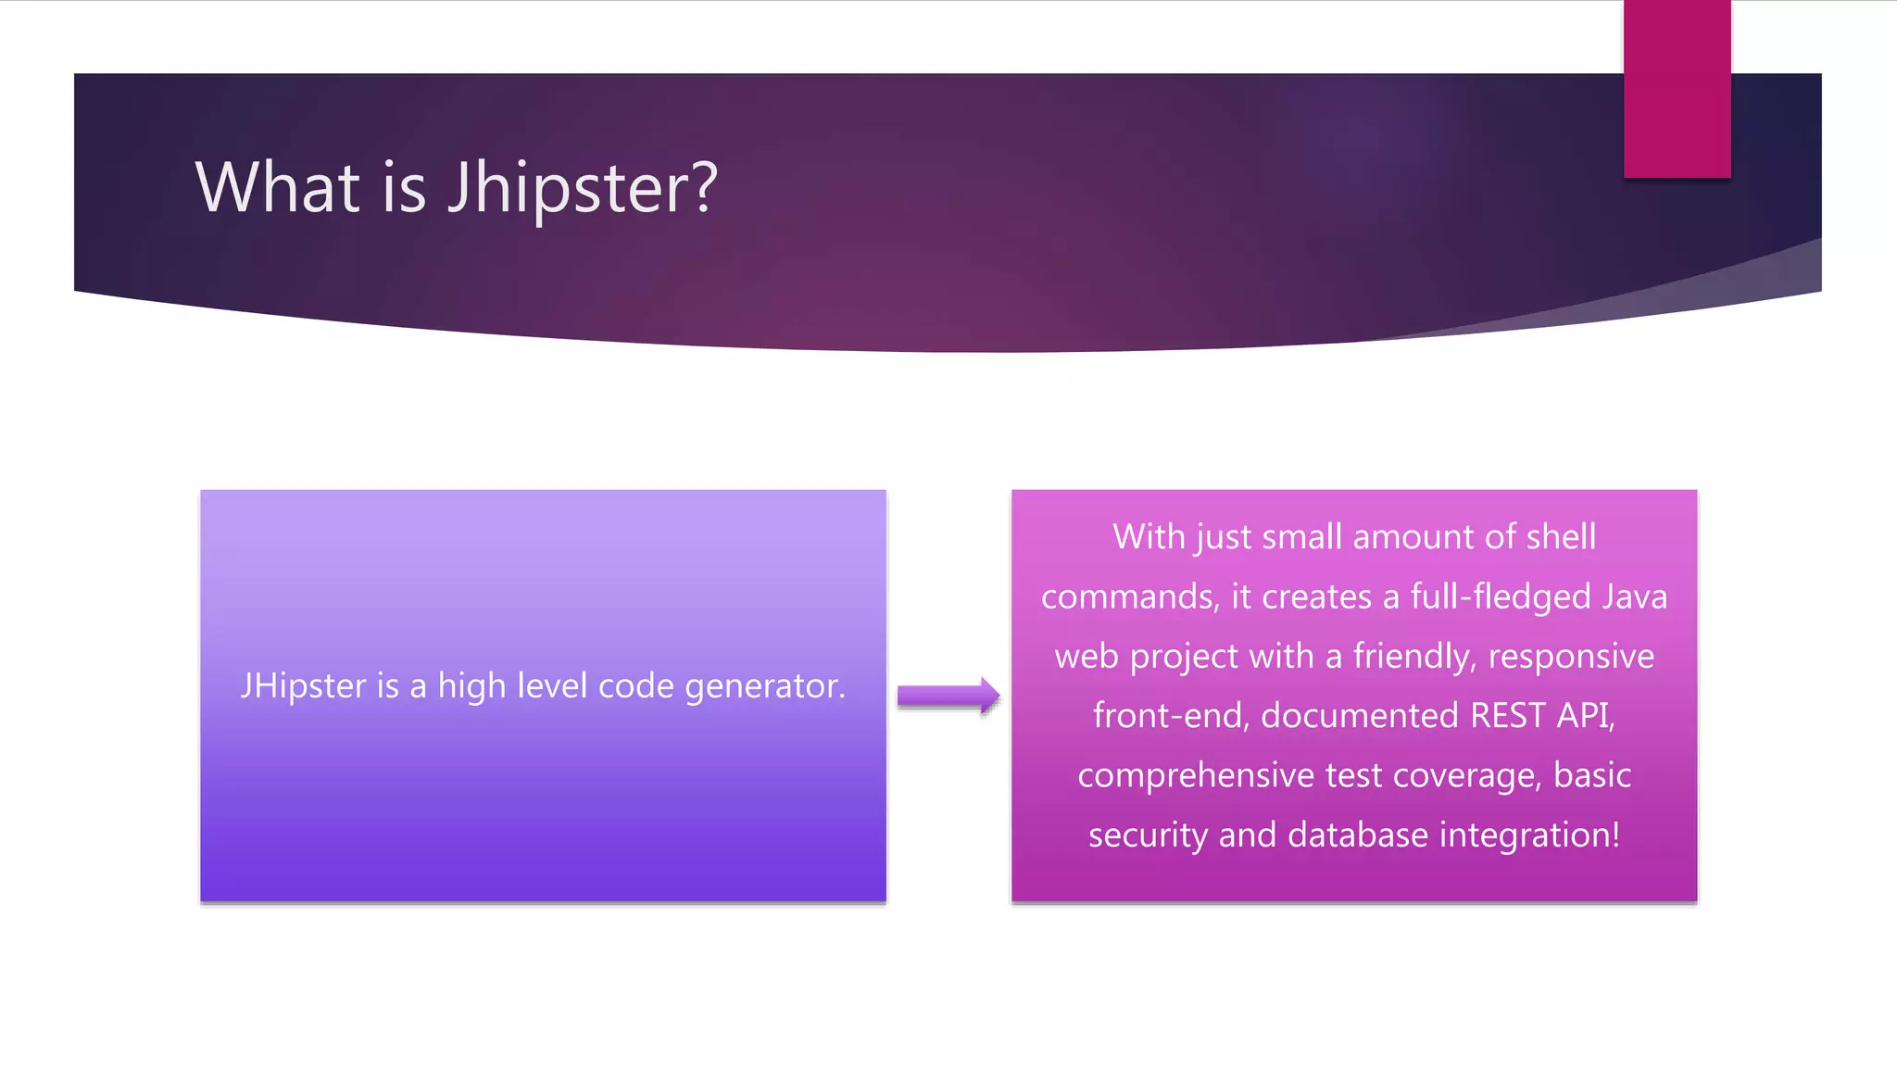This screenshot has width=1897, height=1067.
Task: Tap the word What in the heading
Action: [277, 188]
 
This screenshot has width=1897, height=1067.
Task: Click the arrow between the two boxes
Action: [948, 696]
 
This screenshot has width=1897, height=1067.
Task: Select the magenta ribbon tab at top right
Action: [1677, 89]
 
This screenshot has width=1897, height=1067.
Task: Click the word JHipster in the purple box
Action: [303, 686]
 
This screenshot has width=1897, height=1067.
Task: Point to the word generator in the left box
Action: [764, 686]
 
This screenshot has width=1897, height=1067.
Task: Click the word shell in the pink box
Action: [1561, 537]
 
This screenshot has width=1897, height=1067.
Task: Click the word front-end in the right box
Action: [1171, 716]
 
